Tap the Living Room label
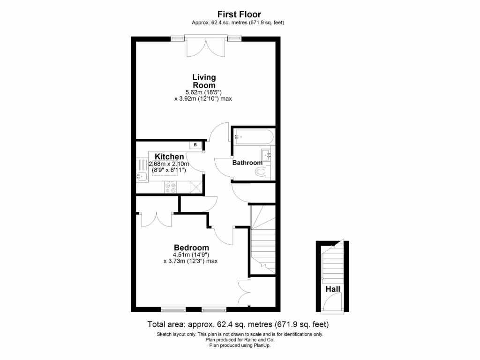click(204, 81)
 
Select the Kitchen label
click(169, 157)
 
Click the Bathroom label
click(247, 163)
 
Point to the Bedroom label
click(191, 247)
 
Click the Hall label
click(333, 289)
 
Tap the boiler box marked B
click(195, 145)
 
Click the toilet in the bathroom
click(261, 172)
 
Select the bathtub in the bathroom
click(253, 137)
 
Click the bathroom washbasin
click(266, 153)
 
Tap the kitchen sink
click(141, 176)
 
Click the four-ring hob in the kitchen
click(170, 187)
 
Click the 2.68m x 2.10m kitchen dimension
click(169, 164)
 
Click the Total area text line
click(238, 324)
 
